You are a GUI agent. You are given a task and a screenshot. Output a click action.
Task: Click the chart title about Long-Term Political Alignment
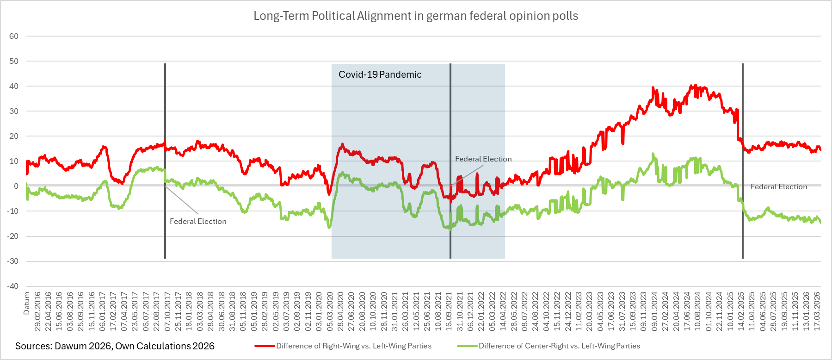point(416,16)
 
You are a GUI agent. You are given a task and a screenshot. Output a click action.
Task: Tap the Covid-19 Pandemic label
point(380,74)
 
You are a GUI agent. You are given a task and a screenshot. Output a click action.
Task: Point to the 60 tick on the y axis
point(14,36)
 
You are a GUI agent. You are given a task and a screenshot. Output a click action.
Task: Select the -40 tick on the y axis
point(13,286)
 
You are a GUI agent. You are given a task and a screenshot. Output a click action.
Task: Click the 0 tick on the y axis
point(16,186)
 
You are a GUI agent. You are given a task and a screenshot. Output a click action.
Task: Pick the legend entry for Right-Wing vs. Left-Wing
point(353,346)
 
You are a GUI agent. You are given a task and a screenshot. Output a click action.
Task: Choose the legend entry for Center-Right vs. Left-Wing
point(559,346)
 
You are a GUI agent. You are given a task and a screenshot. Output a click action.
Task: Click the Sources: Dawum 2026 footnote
point(115,346)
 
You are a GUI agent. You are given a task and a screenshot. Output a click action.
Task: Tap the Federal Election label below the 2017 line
point(198,221)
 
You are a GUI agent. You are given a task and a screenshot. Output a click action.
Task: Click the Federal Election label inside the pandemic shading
point(483,159)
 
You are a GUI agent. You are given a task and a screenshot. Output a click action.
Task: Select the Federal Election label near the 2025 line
point(779,186)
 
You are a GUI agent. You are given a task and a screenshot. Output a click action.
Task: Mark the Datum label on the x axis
point(27,303)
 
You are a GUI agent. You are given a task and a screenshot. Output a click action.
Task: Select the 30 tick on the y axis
point(14,111)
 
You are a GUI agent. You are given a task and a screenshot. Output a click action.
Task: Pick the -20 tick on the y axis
point(13,236)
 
